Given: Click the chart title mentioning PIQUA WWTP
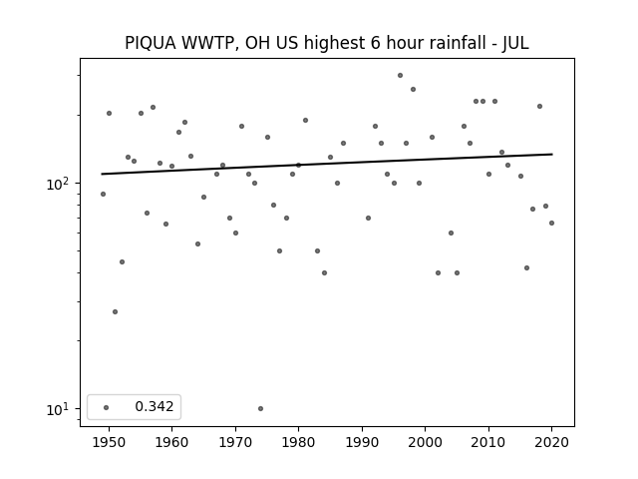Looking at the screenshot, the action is [327, 43].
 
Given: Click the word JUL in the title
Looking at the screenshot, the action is [515, 43].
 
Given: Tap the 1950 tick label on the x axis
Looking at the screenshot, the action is [109, 442].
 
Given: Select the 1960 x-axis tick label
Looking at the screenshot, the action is [171, 442].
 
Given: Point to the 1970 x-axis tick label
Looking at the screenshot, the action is [235, 442].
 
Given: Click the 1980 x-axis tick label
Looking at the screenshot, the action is [298, 442].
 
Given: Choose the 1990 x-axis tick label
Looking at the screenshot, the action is [362, 442].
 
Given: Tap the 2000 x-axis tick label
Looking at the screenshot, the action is [425, 442].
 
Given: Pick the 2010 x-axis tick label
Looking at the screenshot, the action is [488, 442].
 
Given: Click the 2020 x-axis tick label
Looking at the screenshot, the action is [551, 442].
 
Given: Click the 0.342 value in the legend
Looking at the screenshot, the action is [155, 406].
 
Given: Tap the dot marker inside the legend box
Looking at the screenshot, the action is [107, 407].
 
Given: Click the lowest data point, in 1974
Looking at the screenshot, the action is [260, 408].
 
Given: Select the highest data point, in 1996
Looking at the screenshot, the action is [400, 76].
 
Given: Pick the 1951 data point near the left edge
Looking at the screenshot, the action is [116, 312].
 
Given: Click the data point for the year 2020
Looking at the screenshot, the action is [551, 224].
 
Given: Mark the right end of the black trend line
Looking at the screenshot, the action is [552, 154].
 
